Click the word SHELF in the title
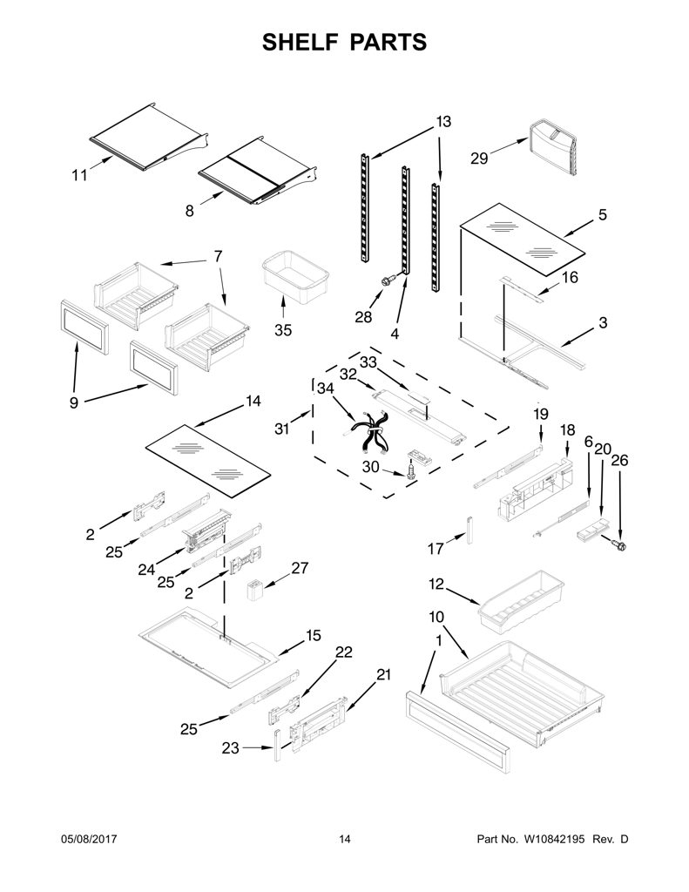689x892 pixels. (300, 42)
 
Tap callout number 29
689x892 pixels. (479, 158)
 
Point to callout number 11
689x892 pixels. (79, 175)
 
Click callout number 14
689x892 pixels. (252, 401)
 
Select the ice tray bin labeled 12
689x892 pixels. (521, 601)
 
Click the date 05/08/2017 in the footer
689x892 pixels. (88, 839)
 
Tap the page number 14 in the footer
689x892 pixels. (345, 839)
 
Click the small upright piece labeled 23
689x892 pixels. (277, 745)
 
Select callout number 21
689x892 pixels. (383, 675)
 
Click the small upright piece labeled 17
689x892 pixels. (469, 530)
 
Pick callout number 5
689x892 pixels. (603, 215)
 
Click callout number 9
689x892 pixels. (74, 403)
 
